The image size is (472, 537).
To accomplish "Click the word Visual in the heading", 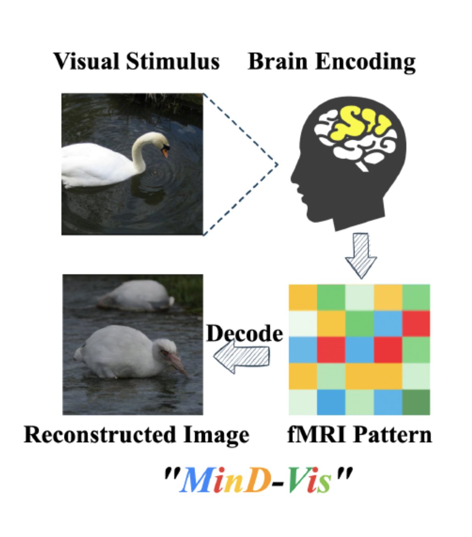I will (86, 62).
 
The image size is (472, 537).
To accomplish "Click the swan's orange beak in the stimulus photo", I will (165, 153).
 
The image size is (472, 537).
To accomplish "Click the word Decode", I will (244, 334).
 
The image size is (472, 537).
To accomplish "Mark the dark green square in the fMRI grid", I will (416, 402).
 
